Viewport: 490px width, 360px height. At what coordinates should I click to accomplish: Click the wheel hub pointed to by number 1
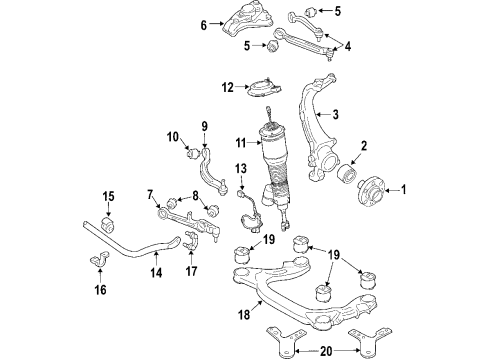[371, 193]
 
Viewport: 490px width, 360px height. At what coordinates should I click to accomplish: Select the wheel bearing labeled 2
[346, 173]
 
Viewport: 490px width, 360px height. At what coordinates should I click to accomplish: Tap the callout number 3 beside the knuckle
[335, 114]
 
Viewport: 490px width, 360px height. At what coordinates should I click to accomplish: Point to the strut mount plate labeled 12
[264, 88]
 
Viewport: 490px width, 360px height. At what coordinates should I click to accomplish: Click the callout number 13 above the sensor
[241, 169]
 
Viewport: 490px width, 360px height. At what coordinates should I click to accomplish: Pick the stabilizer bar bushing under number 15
[108, 224]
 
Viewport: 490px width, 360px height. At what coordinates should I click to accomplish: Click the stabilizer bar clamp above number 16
[100, 259]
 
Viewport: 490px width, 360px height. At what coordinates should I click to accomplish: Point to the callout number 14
[156, 272]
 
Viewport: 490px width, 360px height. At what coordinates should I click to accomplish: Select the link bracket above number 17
[190, 242]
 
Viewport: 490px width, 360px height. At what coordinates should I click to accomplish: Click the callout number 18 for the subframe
[244, 314]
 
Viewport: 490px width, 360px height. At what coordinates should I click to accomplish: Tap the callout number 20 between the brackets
[326, 351]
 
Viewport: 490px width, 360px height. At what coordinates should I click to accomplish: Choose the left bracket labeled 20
[286, 342]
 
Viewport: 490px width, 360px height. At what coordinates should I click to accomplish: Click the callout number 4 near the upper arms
[348, 46]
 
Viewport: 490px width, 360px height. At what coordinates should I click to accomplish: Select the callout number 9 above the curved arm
[204, 126]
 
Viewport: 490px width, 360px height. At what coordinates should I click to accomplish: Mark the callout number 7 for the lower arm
[150, 194]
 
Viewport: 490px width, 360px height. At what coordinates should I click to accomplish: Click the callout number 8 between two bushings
[195, 195]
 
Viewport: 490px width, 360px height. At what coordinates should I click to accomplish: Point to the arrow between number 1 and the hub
[392, 190]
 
